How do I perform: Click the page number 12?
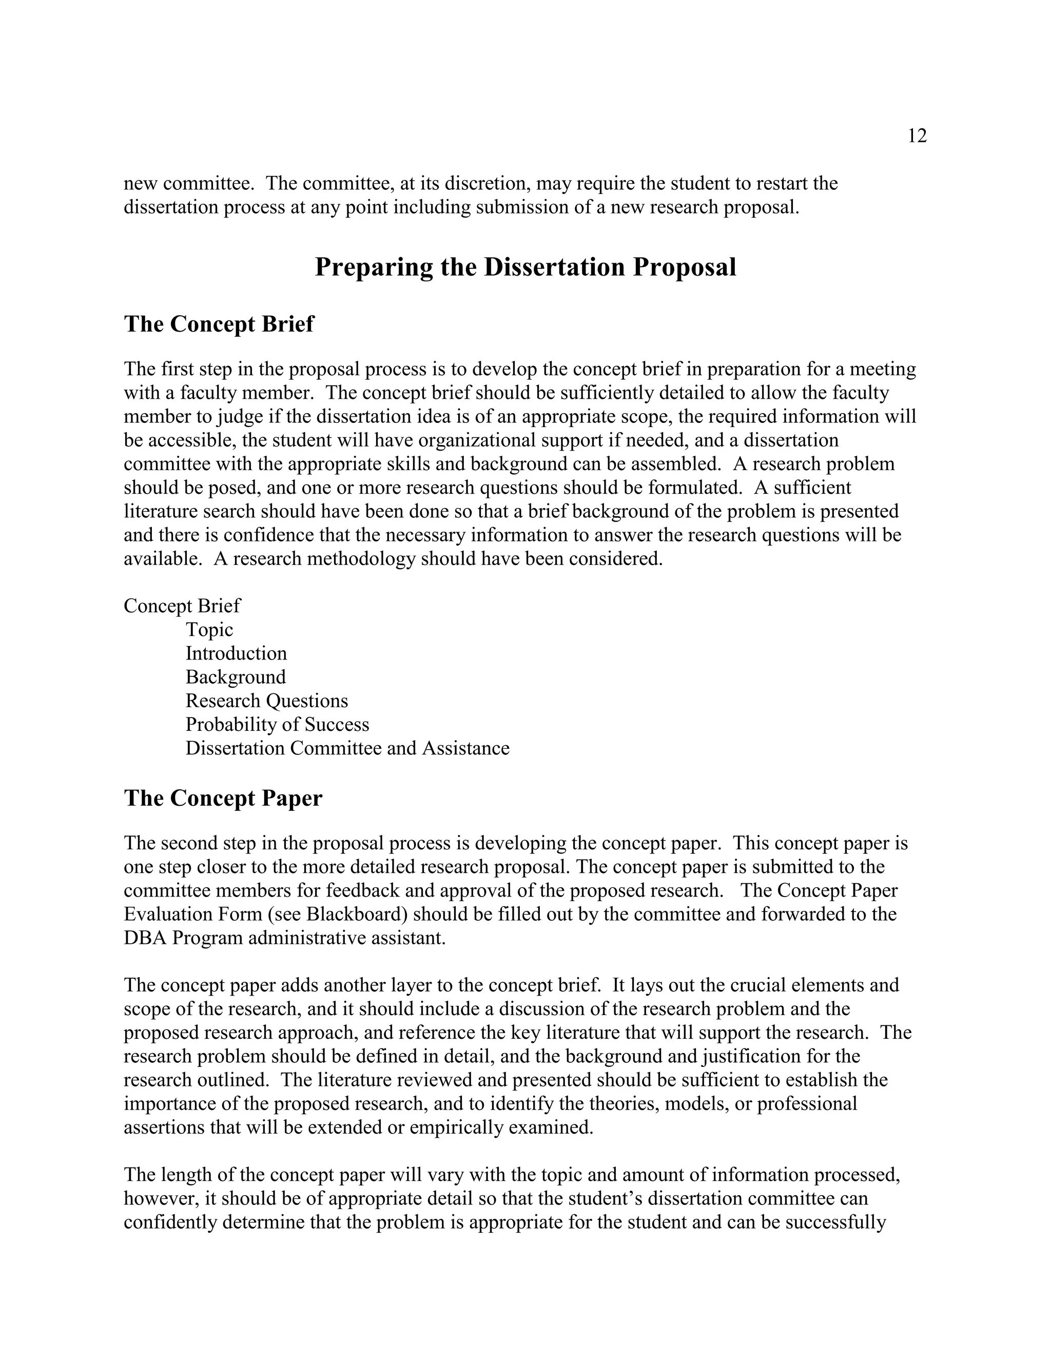917,137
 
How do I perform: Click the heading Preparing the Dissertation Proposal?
525,267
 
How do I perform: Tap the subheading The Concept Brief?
219,324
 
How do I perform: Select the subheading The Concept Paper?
223,799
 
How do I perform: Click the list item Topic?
209,630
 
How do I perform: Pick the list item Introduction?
236,653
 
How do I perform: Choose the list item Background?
236,677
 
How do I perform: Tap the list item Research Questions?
266,701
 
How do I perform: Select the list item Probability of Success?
277,724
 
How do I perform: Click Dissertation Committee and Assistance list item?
347,748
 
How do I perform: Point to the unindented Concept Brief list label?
182,606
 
